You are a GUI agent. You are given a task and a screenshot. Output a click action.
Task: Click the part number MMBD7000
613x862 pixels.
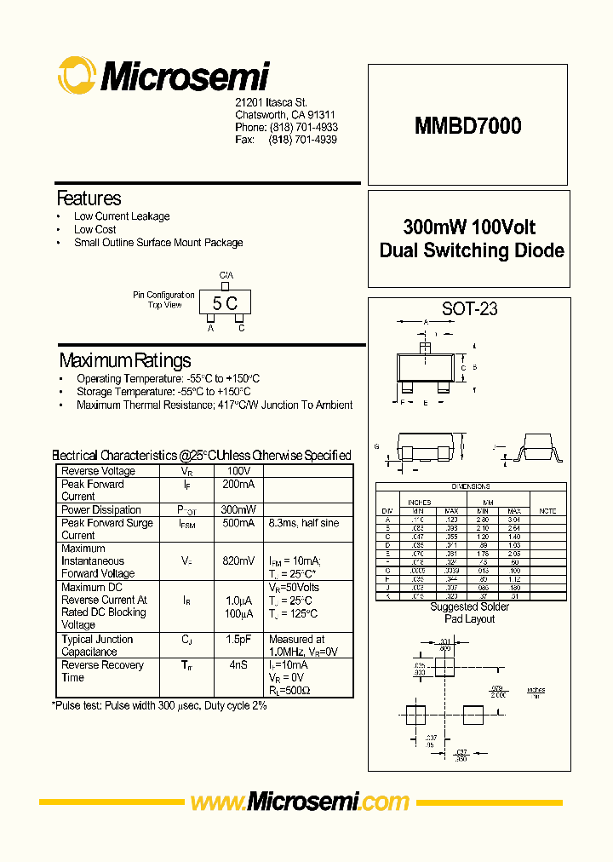click(468, 126)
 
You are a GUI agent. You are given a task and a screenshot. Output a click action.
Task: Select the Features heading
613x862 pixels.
click(89, 198)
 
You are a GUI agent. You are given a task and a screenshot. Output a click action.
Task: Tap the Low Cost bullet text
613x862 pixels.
click(95, 229)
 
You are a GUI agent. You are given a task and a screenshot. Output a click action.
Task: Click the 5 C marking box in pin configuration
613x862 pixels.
click(225, 302)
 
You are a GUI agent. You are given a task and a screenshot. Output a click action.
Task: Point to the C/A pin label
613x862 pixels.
click(226, 275)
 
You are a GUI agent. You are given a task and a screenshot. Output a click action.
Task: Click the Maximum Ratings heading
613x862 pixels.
click(125, 359)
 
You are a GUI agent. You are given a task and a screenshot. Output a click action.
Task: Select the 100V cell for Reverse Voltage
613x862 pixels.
click(238, 471)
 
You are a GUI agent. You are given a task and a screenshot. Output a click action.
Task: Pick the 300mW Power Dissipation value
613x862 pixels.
click(238, 509)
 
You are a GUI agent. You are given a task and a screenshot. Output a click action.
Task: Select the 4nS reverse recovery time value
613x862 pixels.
click(238, 664)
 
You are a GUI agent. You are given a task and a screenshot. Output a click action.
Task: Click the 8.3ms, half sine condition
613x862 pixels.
click(303, 523)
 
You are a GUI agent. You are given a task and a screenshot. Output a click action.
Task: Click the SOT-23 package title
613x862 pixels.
click(469, 309)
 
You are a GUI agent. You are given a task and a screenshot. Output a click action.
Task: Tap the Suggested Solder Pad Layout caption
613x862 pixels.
click(469, 612)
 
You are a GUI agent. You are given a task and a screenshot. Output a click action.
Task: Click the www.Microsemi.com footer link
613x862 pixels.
click(300, 802)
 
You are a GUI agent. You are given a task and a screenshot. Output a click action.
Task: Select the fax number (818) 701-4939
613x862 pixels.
click(303, 139)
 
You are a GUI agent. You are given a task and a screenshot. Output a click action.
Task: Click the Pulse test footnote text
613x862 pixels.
click(159, 705)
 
